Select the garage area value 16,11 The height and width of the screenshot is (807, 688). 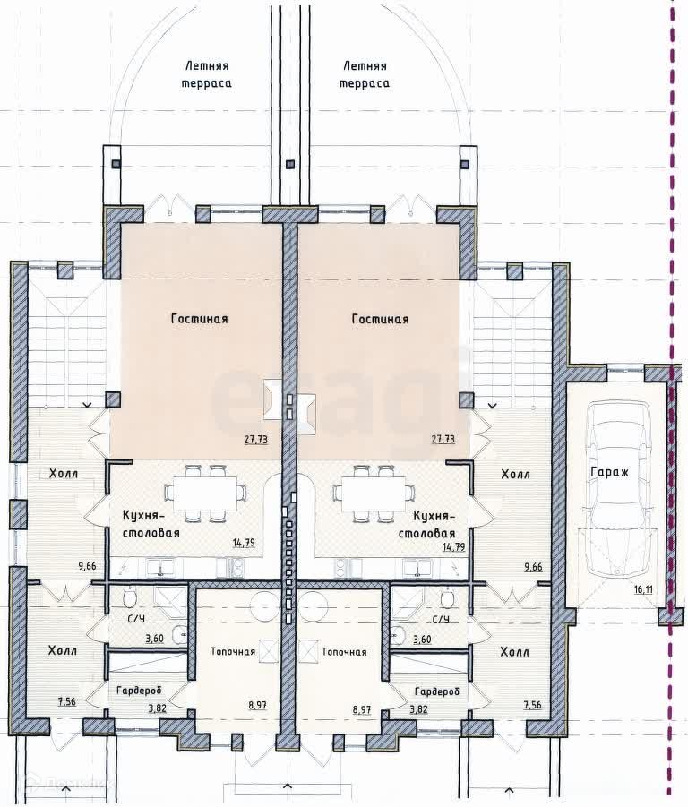pyautogui.click(x=643, y=589)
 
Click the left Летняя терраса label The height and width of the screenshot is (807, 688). pyautogui.click(x=206, y=74)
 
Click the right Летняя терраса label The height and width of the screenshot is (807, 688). pyautogui.click(x=365, y=74)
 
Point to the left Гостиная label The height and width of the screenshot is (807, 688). pyautogui.click(x=199, y=319)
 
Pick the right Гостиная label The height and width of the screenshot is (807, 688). pyautogui.click(x=380, y=319)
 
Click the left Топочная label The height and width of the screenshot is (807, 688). pyautogui.click(x=233, y=651)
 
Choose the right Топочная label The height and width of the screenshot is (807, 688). pyautogui.click(x=344, y=651)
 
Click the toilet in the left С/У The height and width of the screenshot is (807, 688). pyautogui.click(x=130, y=598)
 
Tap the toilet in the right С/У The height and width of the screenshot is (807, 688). pyautogui.click(x=448, y=598)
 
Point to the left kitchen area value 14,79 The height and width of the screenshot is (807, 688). pyautogui.click(x=244, y=543)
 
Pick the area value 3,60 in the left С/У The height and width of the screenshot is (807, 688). pyautogui.click(x=154, y=639)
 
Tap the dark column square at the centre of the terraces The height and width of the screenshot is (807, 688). pyautogui.click(x=290, y=164)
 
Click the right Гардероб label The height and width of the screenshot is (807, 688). pyautogui.click(x=437, y=691)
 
